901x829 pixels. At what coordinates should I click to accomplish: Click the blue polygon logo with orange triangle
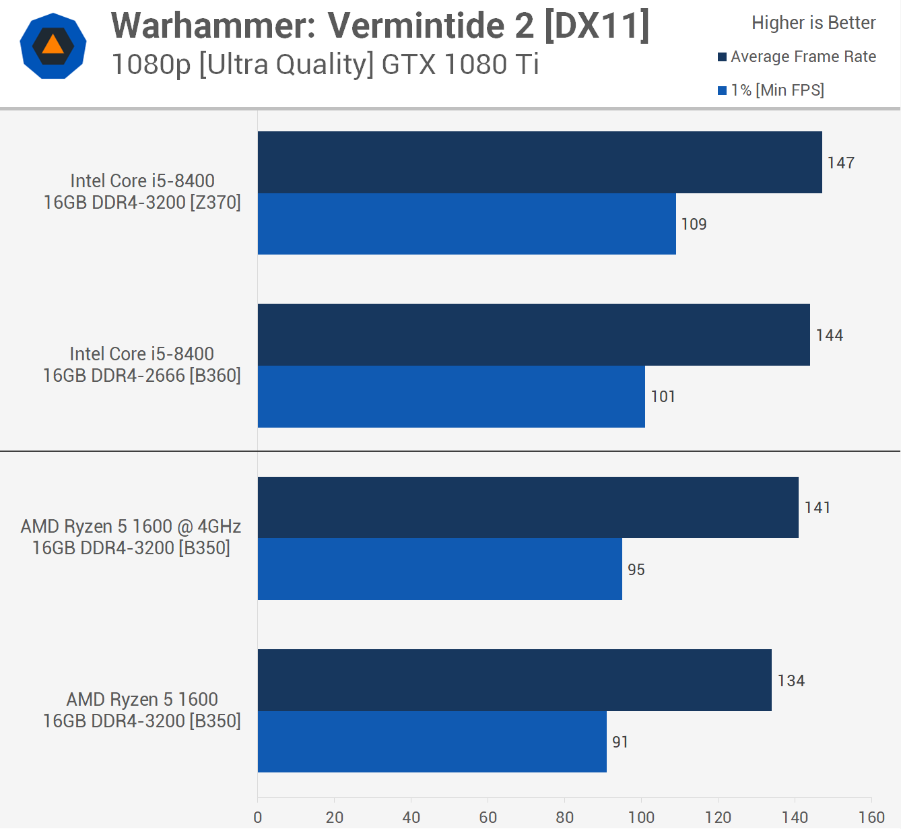pyautogui.click(x=53, y=46)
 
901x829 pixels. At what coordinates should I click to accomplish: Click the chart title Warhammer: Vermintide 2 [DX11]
pyautogui.click(x=380, y=26)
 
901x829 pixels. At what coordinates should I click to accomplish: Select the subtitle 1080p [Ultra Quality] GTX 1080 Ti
pyautogui.click(x=325, y=65)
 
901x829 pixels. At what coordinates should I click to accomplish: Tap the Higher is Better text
pyautogui.click(x=813, y=23)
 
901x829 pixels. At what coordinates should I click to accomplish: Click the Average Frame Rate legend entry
pyautogui.click(x=797, y=57)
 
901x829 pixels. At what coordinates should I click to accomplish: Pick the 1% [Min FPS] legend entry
pyautogui.click(x=772, y=90)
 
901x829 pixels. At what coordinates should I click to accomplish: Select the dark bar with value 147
pyautogui.click(x=539, y=162)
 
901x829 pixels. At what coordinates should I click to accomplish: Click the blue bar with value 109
pyautogui.click(x=467, y=224)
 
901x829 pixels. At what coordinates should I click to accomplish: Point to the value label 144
pyautogui.click(x=829, y=335)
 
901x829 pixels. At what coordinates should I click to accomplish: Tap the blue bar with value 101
pyautogui.click(x=451, y=397)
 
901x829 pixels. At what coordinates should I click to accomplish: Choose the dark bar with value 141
pyautogui.click(x=528, y=508)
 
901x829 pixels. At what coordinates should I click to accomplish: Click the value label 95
pyautogui.click(x=636, y=570)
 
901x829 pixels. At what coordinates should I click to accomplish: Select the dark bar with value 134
pyautogui.click(x=514, y=680)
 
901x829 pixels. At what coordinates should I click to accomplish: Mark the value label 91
pyautogui.click(x=620, y=742)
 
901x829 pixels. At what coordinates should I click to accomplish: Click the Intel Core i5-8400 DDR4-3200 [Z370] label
pyautogui.click(x=142, y=192)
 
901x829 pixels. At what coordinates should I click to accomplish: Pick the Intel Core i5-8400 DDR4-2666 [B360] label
pyautogui.click(x=142, y=364)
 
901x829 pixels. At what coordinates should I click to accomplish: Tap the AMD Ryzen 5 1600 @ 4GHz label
pyautogui.click(x=131, y=537)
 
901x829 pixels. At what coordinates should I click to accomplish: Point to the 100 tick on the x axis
pyautogui.click(x=641, y=817)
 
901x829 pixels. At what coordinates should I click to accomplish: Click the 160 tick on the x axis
pyautogui.click(x=871, y=817)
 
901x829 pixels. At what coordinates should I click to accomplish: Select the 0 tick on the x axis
pyautogui.click(x=258, y=817)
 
